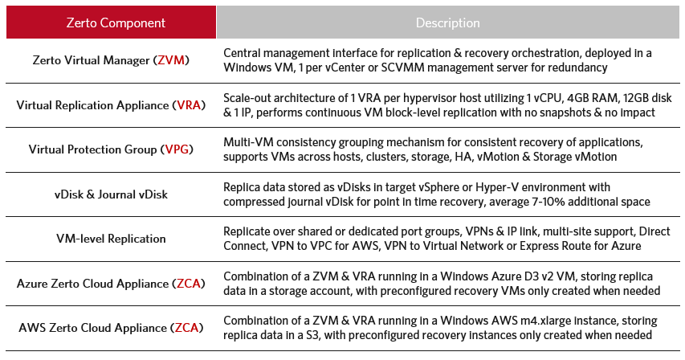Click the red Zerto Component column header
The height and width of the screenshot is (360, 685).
[111, 22]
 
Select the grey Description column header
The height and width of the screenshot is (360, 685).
[448, 22]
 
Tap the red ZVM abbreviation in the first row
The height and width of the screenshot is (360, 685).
[171, 59]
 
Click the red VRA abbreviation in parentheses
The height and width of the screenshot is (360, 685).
[189, 105]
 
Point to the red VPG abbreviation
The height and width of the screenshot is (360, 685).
[177, 149]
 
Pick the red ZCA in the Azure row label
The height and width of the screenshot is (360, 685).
[188, 284]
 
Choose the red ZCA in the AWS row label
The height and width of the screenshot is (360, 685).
[186, 328]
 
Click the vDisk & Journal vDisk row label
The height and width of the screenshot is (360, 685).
[111, 194]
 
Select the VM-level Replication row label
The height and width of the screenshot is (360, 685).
[111, 239]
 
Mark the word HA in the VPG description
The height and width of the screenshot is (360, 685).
[463, 157]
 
